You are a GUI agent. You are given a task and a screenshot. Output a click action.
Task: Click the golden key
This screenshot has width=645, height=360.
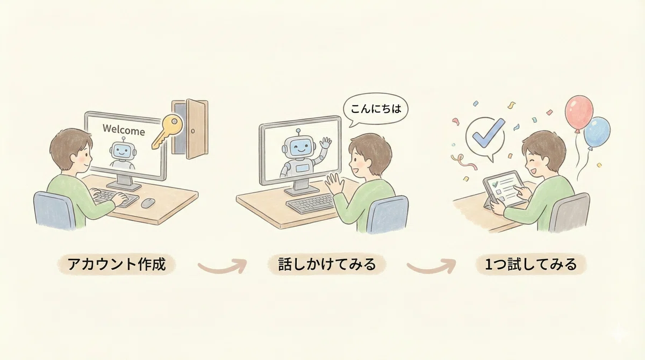[168, 131]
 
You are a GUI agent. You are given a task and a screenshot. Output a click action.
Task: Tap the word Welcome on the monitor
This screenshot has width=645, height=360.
[124, 130]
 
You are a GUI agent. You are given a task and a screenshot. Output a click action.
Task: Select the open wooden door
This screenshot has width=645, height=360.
[190, 128]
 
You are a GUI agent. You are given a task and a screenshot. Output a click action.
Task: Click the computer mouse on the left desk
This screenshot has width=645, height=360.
[148, 203]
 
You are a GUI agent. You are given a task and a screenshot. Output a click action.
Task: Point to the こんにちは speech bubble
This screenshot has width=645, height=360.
[375, 110]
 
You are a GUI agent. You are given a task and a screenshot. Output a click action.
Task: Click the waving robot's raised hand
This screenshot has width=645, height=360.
[326, 142]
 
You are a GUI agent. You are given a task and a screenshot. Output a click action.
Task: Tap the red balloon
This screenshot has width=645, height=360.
[579, 113]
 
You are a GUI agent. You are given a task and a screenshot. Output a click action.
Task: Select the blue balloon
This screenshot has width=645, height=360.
[597, 132]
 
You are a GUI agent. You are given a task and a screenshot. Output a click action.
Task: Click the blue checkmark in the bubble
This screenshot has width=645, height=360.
[489, 133]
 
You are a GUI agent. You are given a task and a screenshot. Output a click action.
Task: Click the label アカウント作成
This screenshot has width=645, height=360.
[117, 264]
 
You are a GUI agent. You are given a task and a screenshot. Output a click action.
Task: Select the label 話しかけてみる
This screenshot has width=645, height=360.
[327, 264]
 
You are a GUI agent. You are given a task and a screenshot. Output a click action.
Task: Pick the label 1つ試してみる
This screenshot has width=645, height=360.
[531, 264]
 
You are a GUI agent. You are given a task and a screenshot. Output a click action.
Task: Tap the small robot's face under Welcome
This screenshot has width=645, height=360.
[123, 150]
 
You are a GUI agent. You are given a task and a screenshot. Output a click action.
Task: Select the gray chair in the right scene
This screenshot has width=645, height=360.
[569, 213]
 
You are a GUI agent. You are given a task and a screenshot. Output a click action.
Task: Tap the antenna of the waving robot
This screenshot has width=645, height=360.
[298, 132]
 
